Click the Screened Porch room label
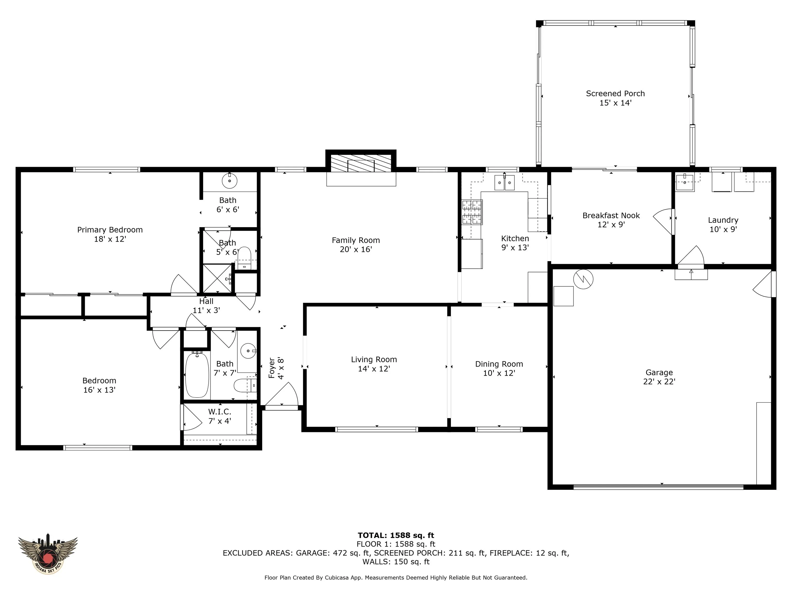click(615, 93)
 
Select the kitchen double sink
click(505, 182)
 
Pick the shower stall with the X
click(218, 278)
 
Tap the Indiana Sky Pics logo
click(48, 555)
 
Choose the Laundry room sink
click(684, 182)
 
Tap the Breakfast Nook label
click(611, 216)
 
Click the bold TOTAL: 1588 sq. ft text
click(396, 535)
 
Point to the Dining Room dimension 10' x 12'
click(499, 373)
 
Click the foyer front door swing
click(282, 396)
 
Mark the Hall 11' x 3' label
click(206, 306)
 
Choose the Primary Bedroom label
click(110, 230)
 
